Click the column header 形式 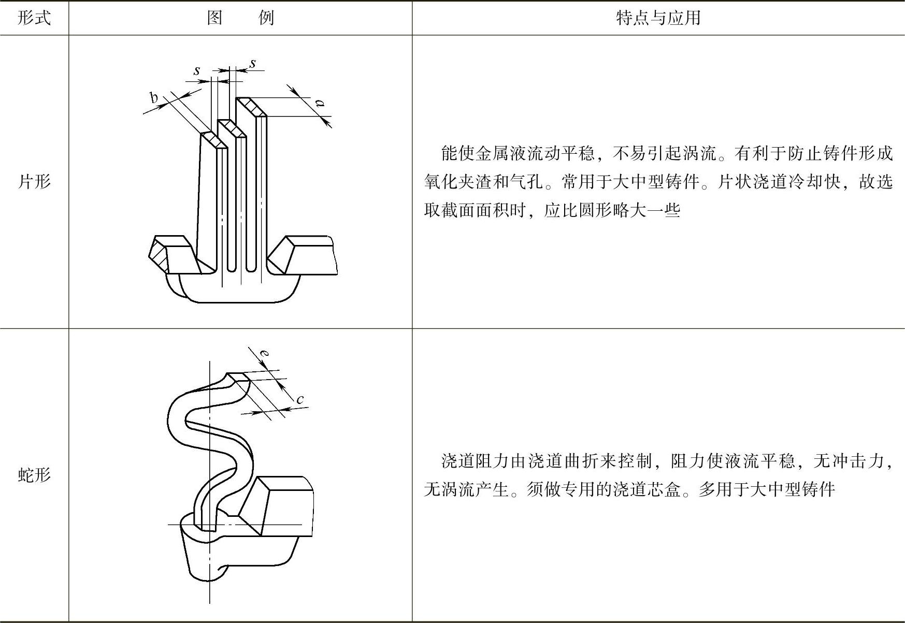tap(34, 18)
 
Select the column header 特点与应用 tap(658, 18)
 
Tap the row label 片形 tap(34, 182)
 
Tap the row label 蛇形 tap(34, 475)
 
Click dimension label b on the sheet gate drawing tap(154, 97)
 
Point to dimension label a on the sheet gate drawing tap(321, 103)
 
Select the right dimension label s tap(253, 63)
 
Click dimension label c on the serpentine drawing tap(300, 399)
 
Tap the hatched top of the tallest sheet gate tap(251, 107)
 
